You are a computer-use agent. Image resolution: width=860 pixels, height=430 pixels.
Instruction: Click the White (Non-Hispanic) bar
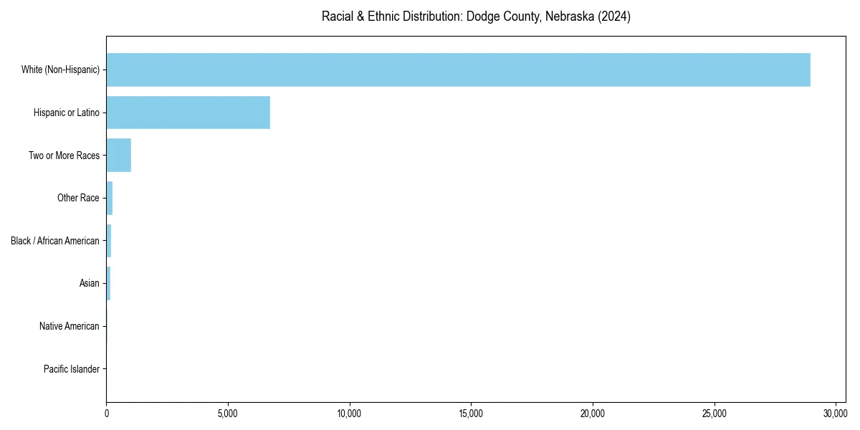click(x=459, y=70)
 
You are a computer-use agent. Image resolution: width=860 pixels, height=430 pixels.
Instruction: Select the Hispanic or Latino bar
click(x=188, y=113)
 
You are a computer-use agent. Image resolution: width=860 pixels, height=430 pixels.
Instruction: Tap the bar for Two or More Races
click(x=119, y=156)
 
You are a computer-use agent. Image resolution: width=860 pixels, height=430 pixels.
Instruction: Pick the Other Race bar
click(x=110, y=198)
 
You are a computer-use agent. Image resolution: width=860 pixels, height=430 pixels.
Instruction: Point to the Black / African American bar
click(x=109, y=241)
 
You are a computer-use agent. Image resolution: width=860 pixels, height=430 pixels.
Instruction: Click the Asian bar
click(x=108, y=283)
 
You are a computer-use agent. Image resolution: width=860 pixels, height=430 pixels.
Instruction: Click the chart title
click(x=476, y=16)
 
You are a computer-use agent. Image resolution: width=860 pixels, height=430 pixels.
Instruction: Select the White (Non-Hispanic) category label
click(x=60, y=70)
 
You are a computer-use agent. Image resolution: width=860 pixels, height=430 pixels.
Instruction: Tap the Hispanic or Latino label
click(x=67, y=113)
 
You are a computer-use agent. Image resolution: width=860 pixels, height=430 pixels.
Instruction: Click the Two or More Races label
click(x=64, y=156)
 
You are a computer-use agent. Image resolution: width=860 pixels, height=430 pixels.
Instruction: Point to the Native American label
click(x=70, y=326)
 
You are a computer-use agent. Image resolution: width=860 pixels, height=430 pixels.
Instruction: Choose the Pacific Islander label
click(x=72, y=369)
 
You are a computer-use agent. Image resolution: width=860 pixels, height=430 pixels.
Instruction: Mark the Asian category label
click(x=90, y=283)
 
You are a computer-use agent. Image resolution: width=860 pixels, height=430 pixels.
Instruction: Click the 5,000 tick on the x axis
click(x=228, y=414)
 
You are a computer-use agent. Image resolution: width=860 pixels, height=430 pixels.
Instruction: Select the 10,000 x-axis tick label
click(x=349, y=414)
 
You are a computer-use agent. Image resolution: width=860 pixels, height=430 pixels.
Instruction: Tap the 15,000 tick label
click(x=471, y=414)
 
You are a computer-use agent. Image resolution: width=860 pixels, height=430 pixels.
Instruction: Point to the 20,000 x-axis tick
click(x=593, y=414)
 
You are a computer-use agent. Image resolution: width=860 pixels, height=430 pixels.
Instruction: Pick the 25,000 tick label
click(x=715, y=414)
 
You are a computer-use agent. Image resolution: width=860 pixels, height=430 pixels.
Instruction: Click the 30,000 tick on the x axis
click(x=836, y=414)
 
